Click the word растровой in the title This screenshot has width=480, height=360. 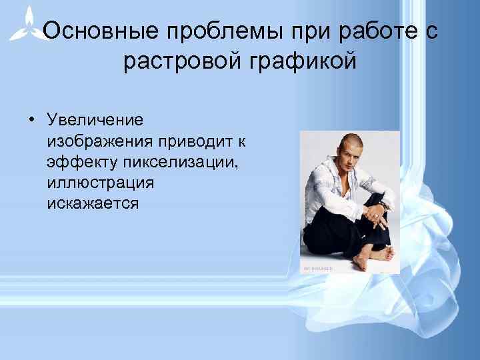click(x=179, y=61)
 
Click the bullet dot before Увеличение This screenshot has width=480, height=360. click(x=31, y=120)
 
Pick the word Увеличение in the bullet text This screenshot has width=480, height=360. click(x=95, y=120)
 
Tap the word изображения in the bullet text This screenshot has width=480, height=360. click(x=100, y=141)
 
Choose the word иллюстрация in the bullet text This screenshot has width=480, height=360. click(x=100, y=183)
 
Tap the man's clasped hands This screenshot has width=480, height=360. click(x=378, y=215)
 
